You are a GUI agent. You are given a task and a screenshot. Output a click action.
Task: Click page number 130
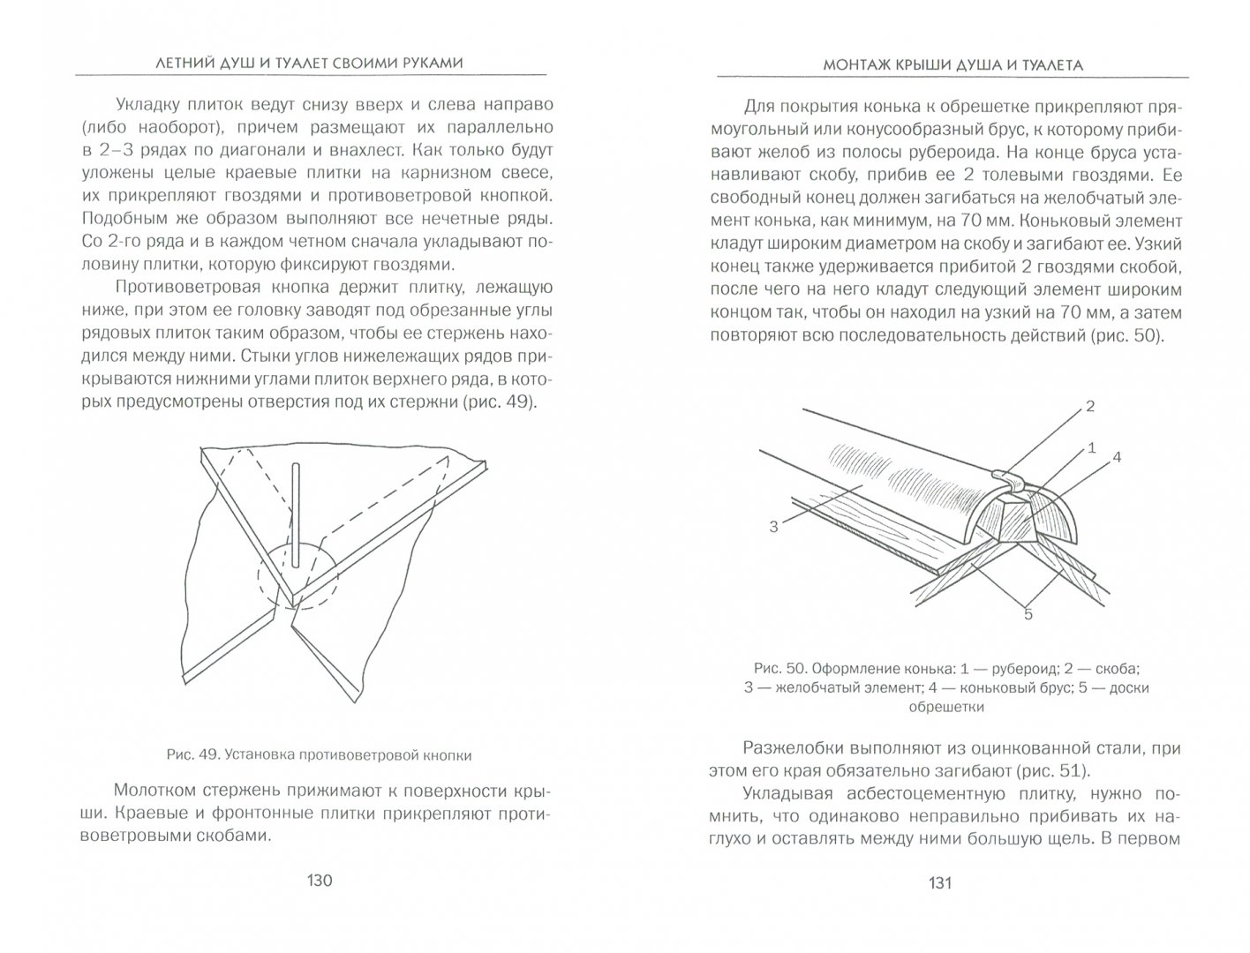click(x=318, y=881)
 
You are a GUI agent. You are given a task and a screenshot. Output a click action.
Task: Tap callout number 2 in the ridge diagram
click(x=1089, y=407)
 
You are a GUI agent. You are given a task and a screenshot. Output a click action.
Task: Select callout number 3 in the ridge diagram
click(x=773, y=527)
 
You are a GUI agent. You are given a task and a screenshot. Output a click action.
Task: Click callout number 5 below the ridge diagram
click(x=1028, y=614)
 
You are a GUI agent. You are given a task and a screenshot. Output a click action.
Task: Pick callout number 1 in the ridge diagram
click(x=1091, y=447)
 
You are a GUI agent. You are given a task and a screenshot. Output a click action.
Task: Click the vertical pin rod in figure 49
click(x=297, y=512)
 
